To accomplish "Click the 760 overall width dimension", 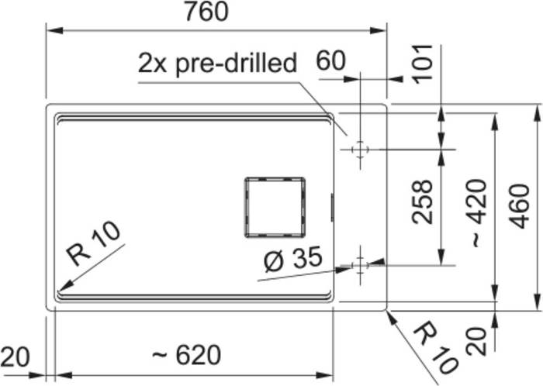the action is [x=206, y=12].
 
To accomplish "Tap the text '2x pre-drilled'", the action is [x=217, y=64].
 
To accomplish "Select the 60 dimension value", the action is [x=330, y=60].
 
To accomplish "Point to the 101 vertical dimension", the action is [x=424, y=64].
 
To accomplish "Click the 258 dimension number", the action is [x=423, y=202].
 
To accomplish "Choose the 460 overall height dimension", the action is [x=521, y=206].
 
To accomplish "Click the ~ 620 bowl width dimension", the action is [x=187, y=354].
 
